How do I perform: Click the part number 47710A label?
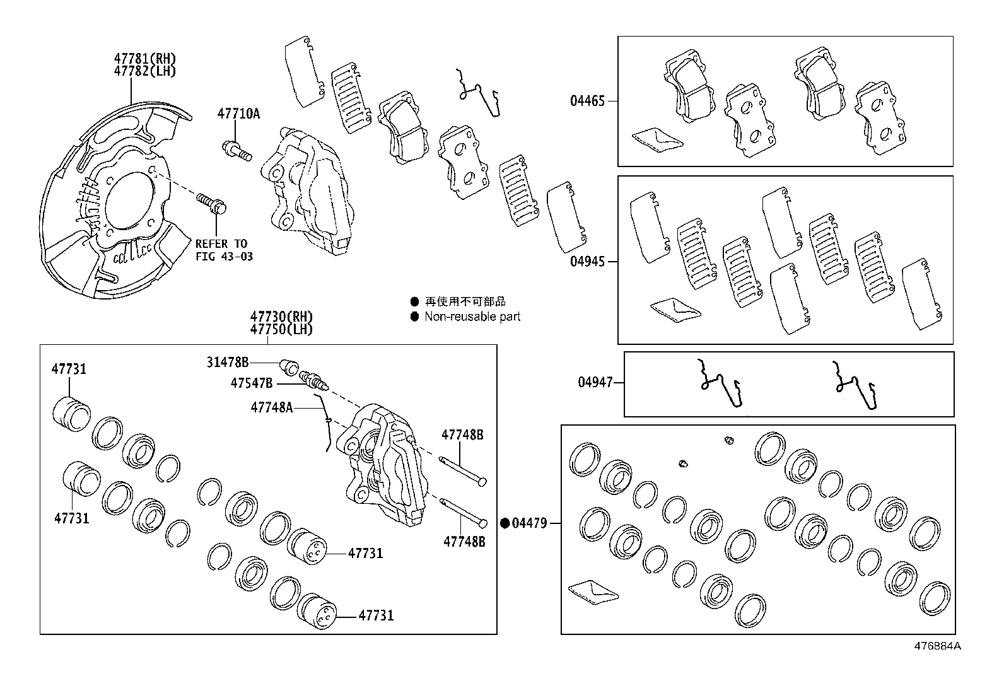[238, 114]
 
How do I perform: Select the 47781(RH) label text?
[144, 59]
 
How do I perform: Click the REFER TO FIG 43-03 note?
[221, 250]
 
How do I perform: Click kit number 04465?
[587, 101]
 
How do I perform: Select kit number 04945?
[587, 261]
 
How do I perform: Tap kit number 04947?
[595, 382]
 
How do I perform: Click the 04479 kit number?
[529, 523]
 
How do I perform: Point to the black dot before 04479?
[505, 523]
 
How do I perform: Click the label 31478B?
[227, 362]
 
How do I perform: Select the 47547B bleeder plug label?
[251, 383]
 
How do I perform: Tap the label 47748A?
[271, 407]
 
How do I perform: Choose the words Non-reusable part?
[472, 317]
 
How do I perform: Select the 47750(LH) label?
[281, 329]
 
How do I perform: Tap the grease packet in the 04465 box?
[657, 139]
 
